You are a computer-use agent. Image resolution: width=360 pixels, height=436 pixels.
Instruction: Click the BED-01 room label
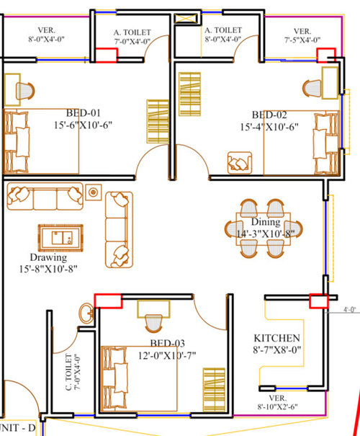pyautogui.click(x=83, y=113)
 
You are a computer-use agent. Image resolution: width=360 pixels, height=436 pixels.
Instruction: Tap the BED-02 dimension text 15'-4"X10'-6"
pyautogui.click(x=269, y=127)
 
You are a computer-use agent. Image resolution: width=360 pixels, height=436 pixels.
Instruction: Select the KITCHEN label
pyautogui.click(x=277, y=338)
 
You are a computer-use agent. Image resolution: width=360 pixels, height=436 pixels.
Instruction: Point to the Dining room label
pyautogui.click(x=266, y=222)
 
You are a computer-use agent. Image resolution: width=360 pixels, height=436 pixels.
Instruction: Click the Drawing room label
pyautogui.click(x=48, y=257)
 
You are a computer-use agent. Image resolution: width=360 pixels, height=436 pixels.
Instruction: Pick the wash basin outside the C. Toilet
pyautogui.click(x=86, y=313)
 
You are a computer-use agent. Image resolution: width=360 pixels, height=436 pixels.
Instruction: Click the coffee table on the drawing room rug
pyautogui.click(x=62, y=238)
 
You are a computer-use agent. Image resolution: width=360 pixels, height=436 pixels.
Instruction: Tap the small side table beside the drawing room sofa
pyautogui.click(x=94, y=192)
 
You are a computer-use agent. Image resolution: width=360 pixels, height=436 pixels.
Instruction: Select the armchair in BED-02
pyautogui.click(x=240, y=163)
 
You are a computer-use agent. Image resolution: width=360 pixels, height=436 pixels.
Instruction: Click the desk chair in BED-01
pyautogui.click(x=25, y=91)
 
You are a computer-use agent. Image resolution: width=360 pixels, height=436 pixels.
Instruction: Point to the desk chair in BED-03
pyautogui.click(x=153, y=324)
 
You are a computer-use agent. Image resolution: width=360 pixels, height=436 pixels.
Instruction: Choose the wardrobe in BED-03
pyautogui.click(x=214, y=390)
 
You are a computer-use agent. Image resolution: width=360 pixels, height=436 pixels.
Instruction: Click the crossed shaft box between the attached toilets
pyautogui.click(x=187, y=19)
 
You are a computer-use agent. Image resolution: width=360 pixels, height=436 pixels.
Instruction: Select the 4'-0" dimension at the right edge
pyautogui.click(x=350, y=309)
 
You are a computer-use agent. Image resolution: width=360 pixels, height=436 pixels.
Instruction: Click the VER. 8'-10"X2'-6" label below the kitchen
pyautogui.click(x=277, y=402)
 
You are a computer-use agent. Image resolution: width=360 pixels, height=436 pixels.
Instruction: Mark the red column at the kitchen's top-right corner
pyautogui.click(x=319, y=301)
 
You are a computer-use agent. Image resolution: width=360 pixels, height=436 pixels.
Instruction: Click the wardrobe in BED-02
pyautogui.click(x=190, y=94)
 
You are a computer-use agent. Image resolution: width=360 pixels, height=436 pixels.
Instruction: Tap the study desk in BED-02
pyautogui.click(x=330, y=83)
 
